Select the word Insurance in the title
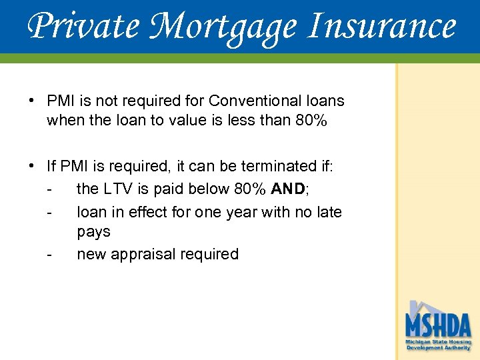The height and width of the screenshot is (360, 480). [381, 27]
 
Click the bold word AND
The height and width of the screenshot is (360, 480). [287, 189]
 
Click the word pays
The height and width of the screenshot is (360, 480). [94, 232]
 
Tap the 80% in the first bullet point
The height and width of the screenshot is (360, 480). [309, 121]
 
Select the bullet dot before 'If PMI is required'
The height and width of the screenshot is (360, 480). [32, 165]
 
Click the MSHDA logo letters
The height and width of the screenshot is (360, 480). [438, 325]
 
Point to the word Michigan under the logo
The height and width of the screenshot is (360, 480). [419, 342]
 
